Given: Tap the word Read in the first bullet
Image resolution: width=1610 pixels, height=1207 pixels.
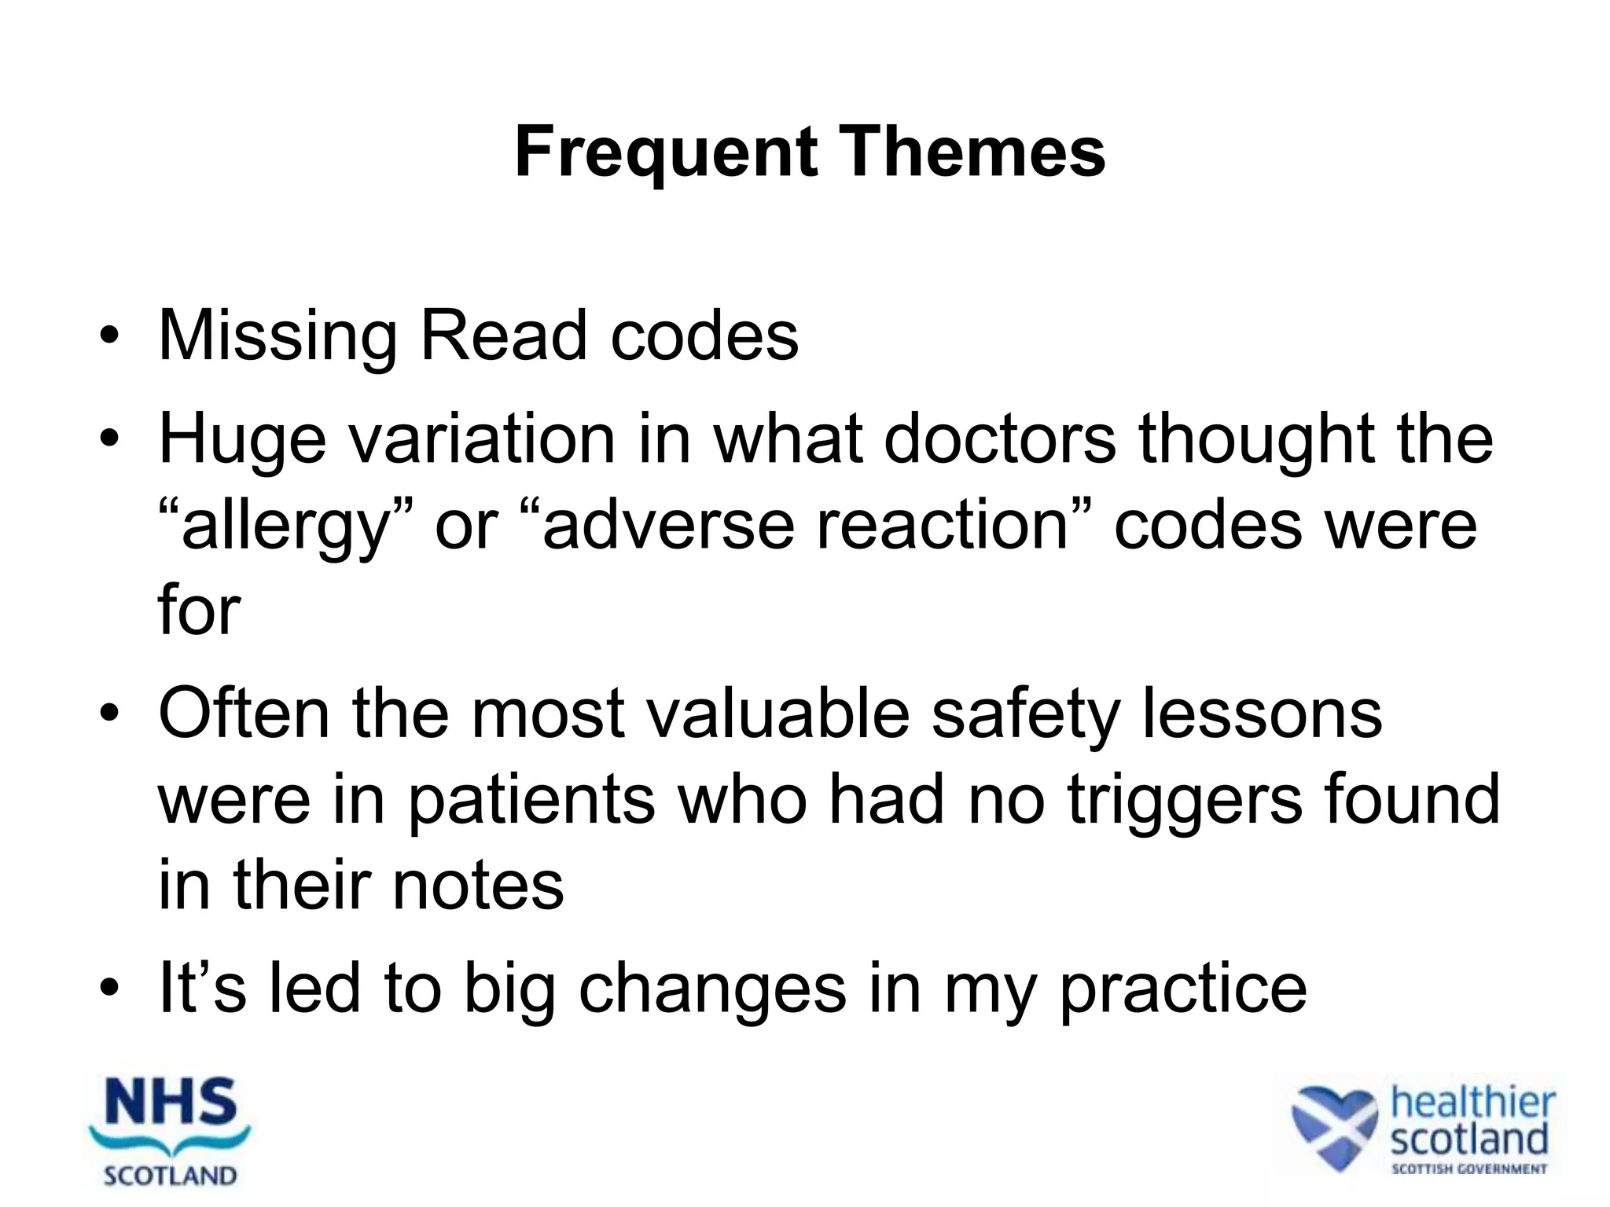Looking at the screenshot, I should click(x=503, y=336).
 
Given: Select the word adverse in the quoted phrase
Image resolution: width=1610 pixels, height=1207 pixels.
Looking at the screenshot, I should click(x=667, y=525).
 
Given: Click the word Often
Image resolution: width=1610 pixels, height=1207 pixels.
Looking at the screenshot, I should click(x=244, y=714).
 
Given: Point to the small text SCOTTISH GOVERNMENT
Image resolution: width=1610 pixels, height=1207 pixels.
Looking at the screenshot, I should click(x=1468, y=1168).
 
